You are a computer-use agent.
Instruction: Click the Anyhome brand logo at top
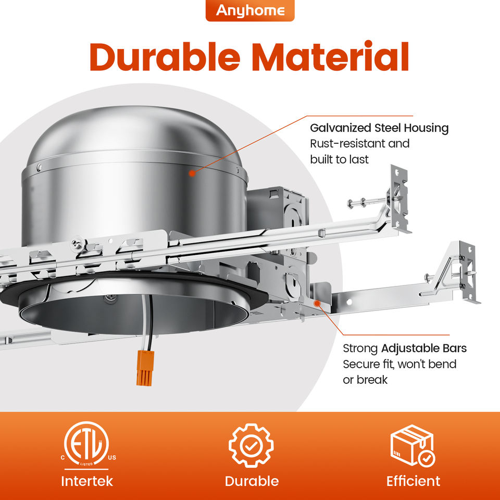click(x=250, y=10)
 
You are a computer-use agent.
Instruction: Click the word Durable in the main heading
click(x=164, y=57)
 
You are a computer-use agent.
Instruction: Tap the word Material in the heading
click(x=330, y=56)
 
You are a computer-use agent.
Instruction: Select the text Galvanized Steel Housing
click(x=379, y=128)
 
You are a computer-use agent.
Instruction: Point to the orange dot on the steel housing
click(x=192, y=173)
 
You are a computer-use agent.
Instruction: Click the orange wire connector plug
click(x=145, y=368)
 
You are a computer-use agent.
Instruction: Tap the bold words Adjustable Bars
click(x=424, y=348)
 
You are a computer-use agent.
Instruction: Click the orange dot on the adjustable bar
click(x=317, y=303)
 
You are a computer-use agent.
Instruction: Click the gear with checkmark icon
click(x=251, y=445)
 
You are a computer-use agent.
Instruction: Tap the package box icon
click(x=413, y=446)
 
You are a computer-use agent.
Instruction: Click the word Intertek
click(x=87, y=481)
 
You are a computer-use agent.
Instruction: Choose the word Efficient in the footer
click(x=413, y=481)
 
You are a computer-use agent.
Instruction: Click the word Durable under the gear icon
click(x=252, y=481)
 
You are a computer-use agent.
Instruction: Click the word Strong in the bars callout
click(x=360, y=348)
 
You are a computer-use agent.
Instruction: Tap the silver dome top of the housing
click(x=134, y=134)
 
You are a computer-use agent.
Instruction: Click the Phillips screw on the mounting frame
click(x=78, y=244)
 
